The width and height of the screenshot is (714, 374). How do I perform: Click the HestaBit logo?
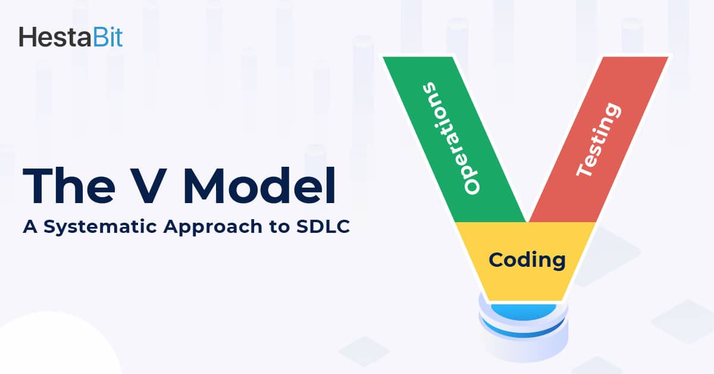tap(70, 37)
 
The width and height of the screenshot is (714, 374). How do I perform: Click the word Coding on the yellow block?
tap(527, 260)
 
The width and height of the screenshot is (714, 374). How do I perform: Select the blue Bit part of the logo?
tap(107, 37)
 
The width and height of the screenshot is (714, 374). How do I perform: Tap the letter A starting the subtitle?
tap(29, 227)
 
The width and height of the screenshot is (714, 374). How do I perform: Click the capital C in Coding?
tap(496, 259)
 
